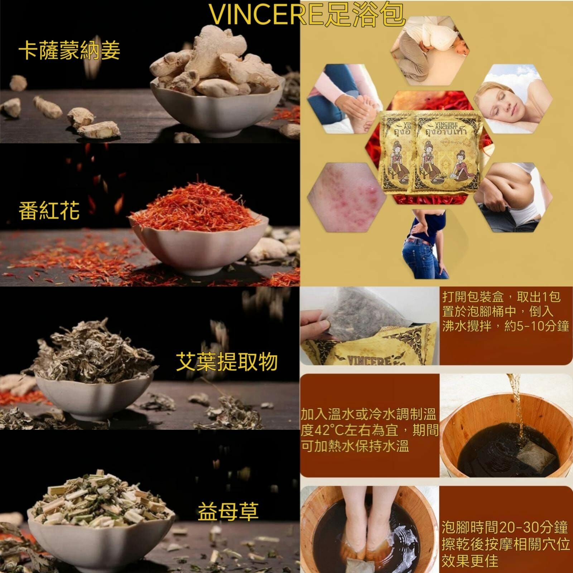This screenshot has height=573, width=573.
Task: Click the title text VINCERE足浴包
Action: [x=307, y=15]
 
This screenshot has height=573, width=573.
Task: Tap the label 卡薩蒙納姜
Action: [x=69, y=50]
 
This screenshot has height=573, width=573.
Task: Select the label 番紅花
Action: [x=49, y=211]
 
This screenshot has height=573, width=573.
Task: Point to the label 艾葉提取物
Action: [x=227, y=361]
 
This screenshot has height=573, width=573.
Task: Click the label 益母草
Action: [x=228, y=511]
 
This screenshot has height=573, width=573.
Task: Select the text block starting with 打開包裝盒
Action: [x=505, y=312]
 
